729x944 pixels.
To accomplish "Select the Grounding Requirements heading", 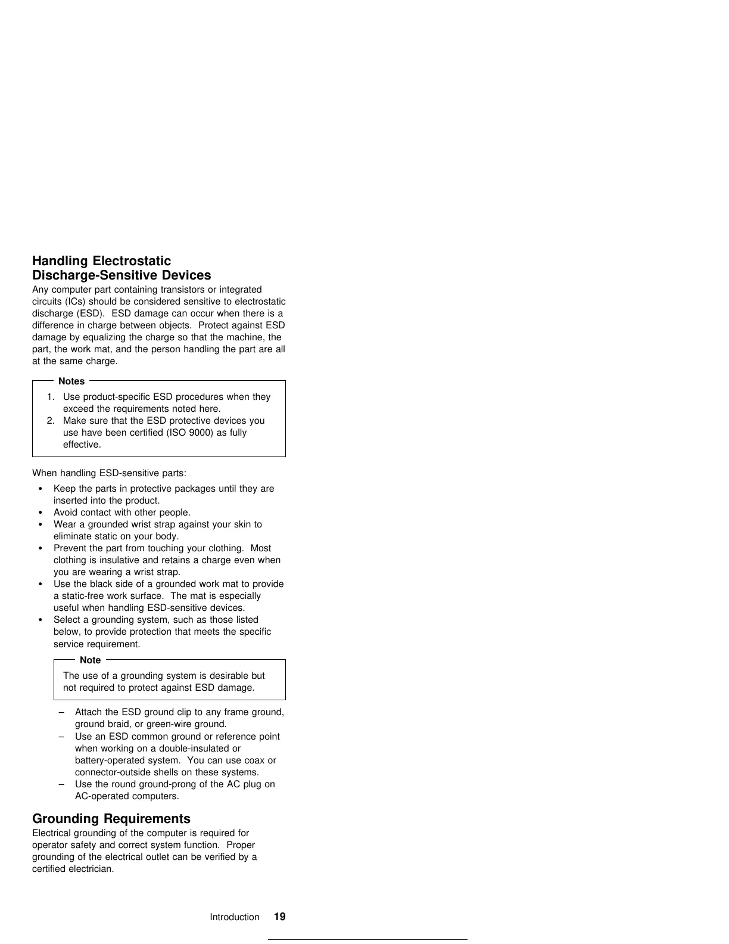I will point(111,818).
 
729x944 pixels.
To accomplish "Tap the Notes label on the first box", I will point(71,381).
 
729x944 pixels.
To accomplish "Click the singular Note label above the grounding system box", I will point(90,660).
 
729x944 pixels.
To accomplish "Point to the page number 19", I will point(279,917).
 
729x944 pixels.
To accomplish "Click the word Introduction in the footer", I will point(234,917).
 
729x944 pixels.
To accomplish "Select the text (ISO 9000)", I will point(190,433).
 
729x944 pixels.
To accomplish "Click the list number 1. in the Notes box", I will point(51,397).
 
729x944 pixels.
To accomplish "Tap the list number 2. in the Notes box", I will point(51,421).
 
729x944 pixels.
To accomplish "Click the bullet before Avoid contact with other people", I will point(40,513).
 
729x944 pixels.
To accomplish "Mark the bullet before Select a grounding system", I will point(40,620).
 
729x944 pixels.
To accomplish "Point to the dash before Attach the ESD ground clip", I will point(62,712).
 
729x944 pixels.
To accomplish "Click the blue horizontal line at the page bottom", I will point(367,939).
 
